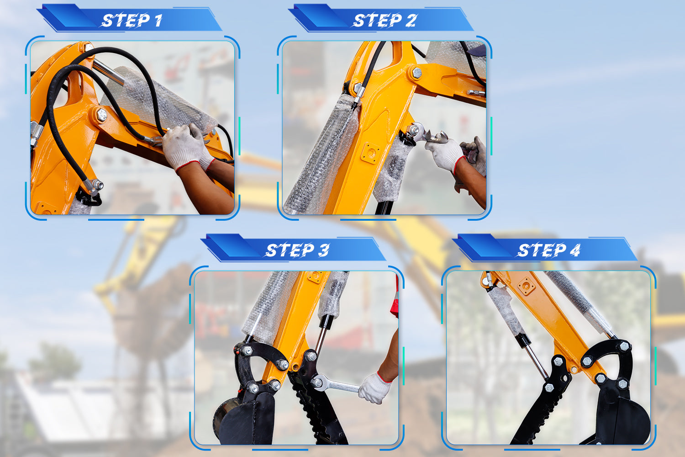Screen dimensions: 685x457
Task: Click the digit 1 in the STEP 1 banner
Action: (158, 21)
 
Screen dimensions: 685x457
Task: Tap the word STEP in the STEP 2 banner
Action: (377, 21)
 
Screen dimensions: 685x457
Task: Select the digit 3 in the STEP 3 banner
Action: (324, 250)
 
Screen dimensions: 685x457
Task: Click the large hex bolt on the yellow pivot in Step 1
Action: (101, 115)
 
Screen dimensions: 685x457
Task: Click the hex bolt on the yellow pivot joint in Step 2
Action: (417, 73)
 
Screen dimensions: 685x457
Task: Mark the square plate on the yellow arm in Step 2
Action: (371, 153)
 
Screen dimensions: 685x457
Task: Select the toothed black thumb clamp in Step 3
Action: (318, 404)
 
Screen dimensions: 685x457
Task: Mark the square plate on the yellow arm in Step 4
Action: (526, 286)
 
